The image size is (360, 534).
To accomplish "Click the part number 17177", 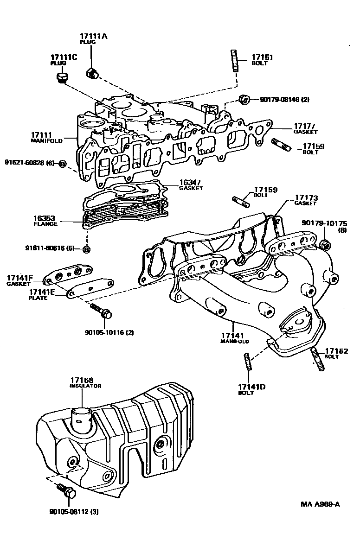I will (x=304, y=126).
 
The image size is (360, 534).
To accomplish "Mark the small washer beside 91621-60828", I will (x=63, y=163).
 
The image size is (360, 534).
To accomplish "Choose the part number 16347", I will (x=190, y=183).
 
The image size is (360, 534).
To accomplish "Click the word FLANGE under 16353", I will (x=45, y=224).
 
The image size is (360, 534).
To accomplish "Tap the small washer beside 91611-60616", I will (x=86, y=249).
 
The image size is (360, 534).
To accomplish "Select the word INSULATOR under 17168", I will (x=85, y=386).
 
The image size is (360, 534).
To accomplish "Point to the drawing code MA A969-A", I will (x=320, y=504).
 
